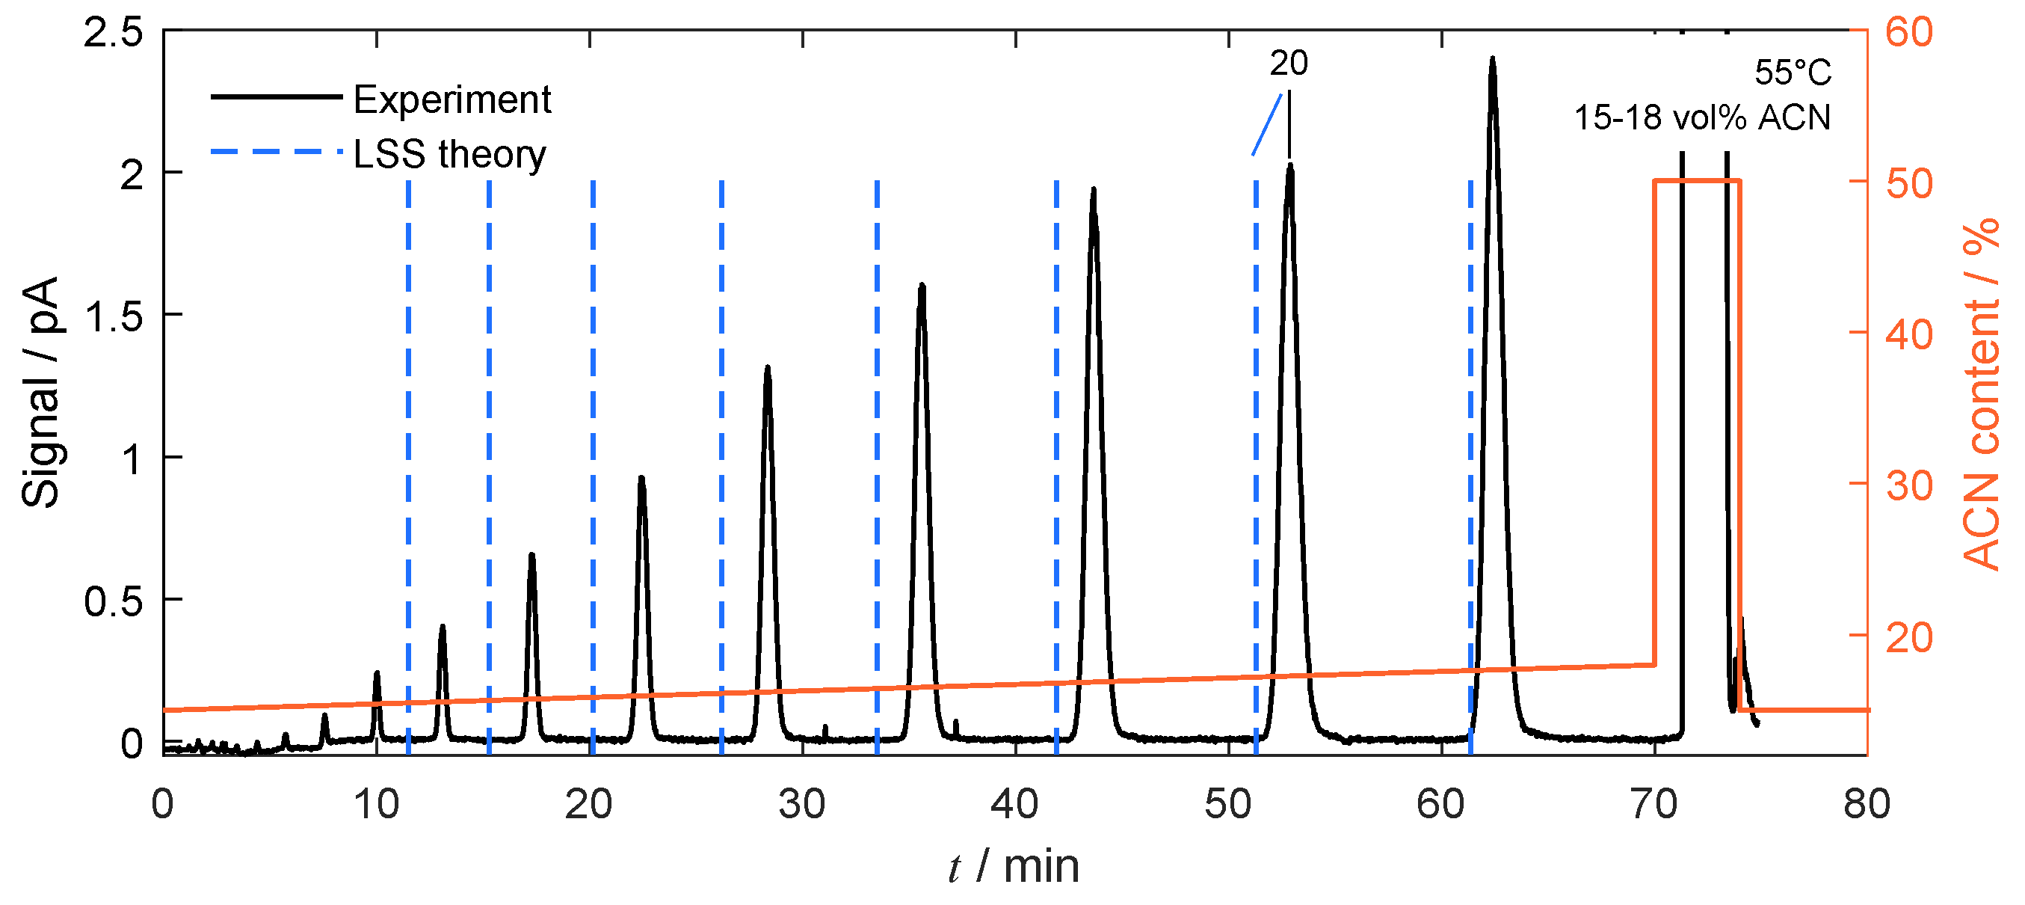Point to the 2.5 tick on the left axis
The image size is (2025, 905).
click(x=114, y=32)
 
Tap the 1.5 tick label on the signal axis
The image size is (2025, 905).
click(x=114, y=316)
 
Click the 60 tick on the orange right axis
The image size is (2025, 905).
click(x=1908, y=32)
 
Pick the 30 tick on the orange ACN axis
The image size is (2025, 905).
click(x=1908, y=486)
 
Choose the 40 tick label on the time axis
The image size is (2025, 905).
click(x=1015, y=803)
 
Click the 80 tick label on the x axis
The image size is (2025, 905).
click(x=1867, y=803)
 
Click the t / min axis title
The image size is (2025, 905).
click(x=1014, y=866)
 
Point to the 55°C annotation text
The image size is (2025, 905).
click(x=1793, y=73)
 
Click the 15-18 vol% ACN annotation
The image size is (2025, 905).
click(x=1702, y=118)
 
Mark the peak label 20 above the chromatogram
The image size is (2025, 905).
click(x=1289, y=64)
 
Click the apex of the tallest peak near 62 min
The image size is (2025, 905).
click(x=1492, y=59)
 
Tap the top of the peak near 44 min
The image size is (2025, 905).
click(x=1093, y=190)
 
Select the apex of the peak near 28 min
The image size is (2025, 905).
click(x=767, y=368)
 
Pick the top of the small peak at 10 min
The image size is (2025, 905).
click(x=377, y=673)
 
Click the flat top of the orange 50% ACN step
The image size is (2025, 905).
click(x=1698, y=181)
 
